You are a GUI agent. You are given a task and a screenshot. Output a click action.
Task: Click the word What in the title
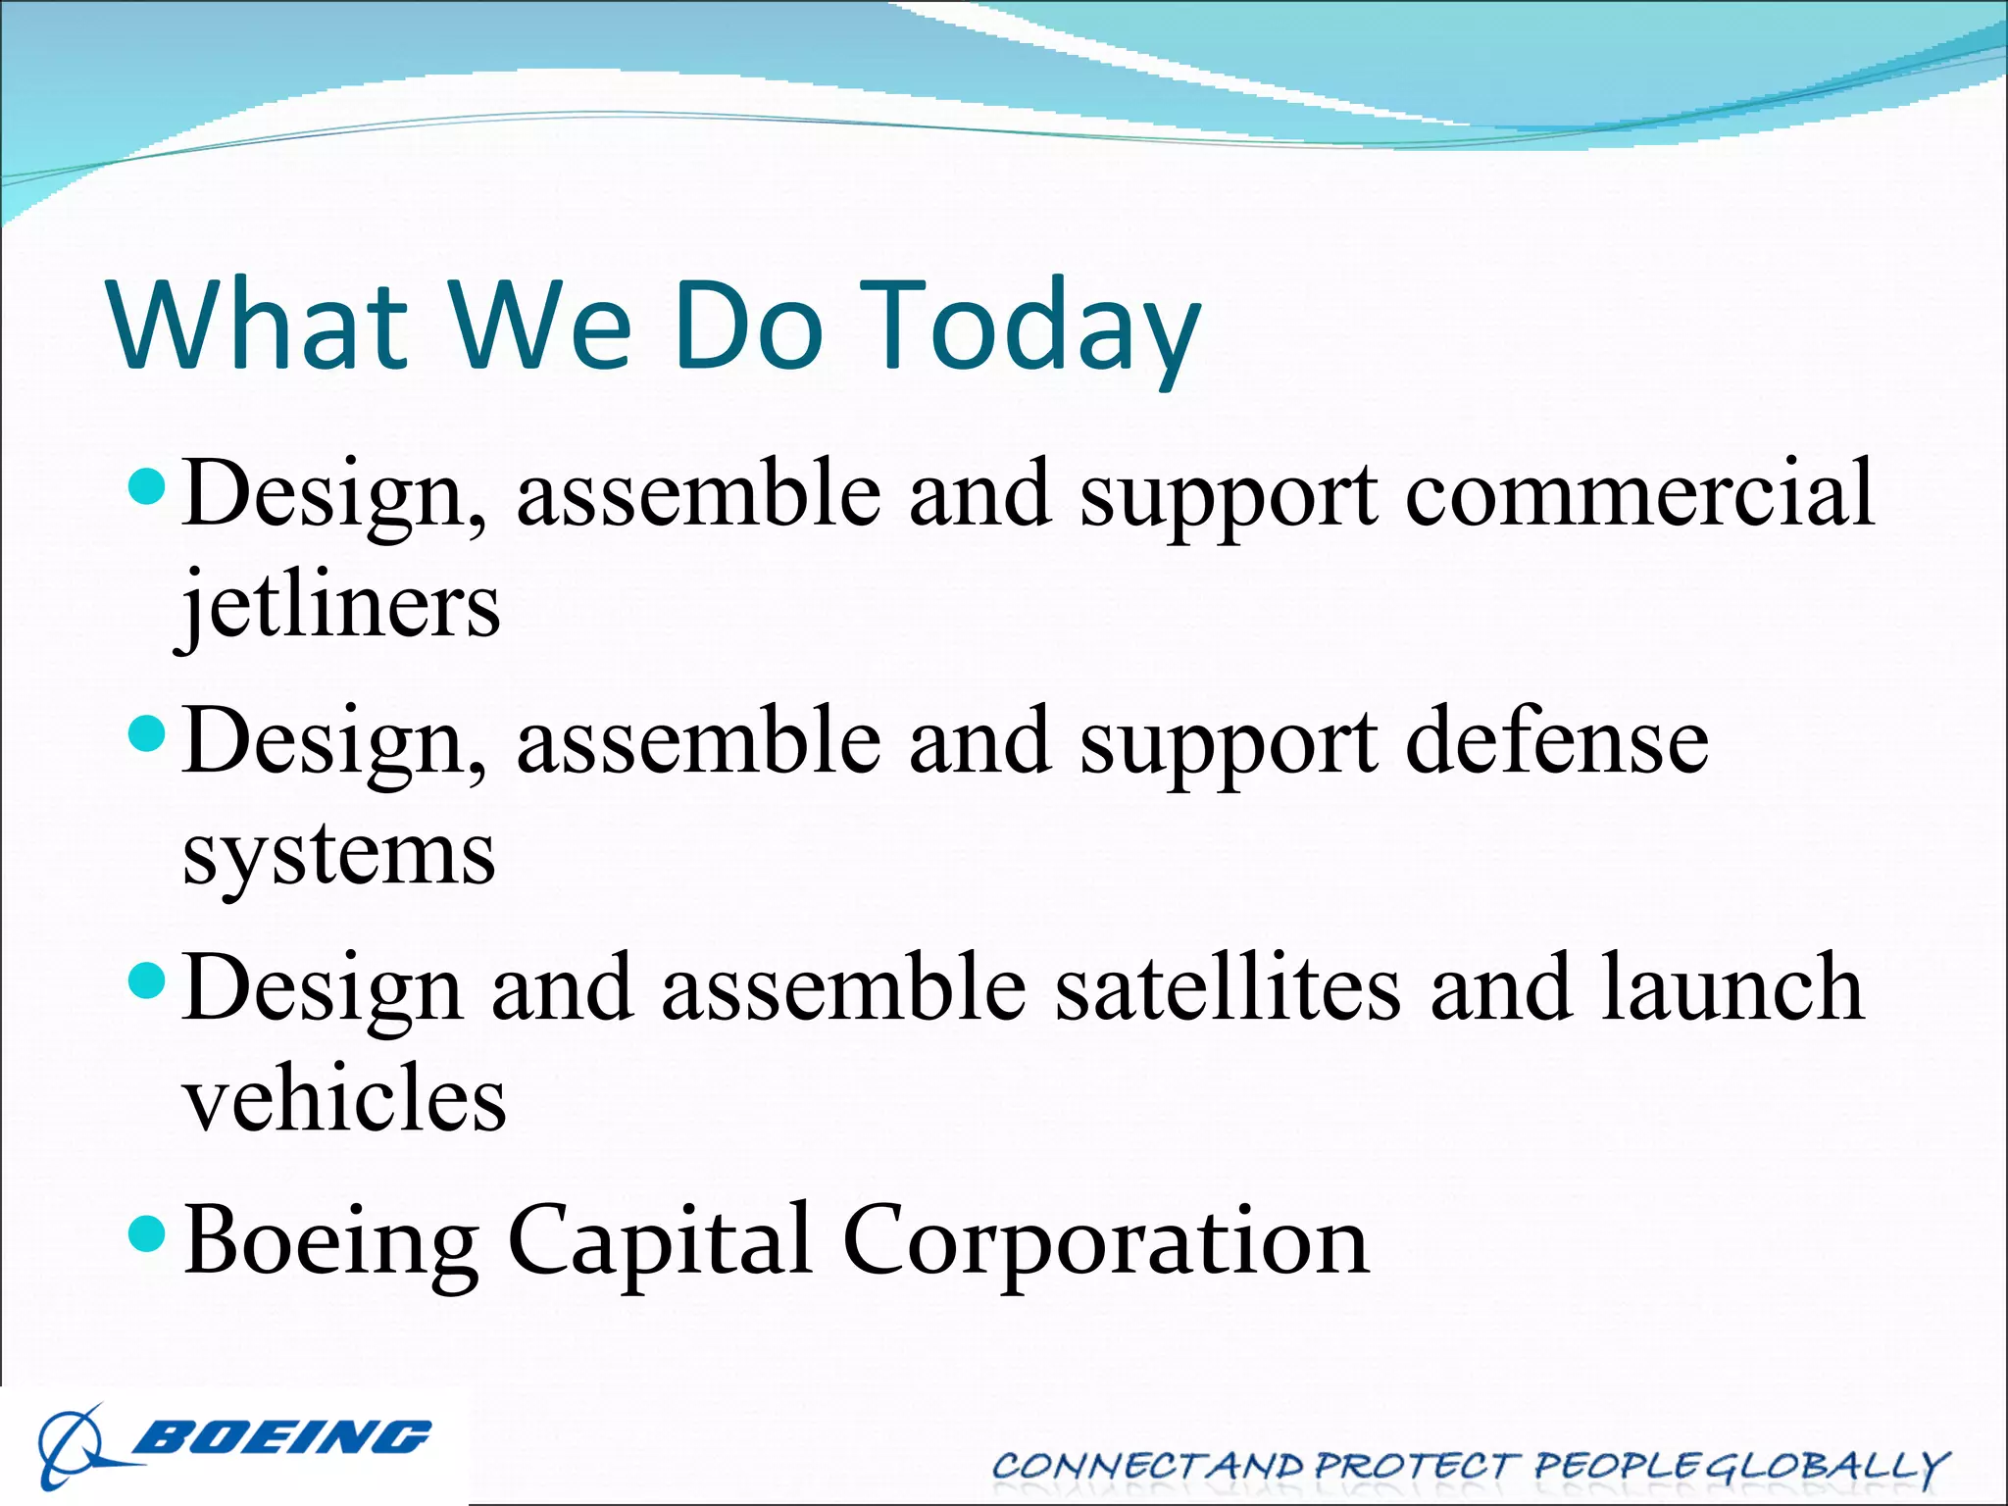257,326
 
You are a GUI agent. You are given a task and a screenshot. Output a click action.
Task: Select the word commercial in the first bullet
1639,493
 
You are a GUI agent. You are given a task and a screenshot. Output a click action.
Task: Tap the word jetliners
339,606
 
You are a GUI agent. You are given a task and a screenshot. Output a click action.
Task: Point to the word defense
1557,742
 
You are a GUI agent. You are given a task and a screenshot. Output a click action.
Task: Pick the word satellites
1228,988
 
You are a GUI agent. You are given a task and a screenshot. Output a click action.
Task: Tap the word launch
1732,988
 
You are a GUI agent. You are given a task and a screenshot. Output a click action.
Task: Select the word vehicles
345,1098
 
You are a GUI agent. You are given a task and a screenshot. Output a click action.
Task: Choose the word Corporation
1106,1240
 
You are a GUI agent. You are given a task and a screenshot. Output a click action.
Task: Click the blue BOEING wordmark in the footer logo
284,1437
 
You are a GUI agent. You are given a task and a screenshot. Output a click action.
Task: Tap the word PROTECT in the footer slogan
1416,1466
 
